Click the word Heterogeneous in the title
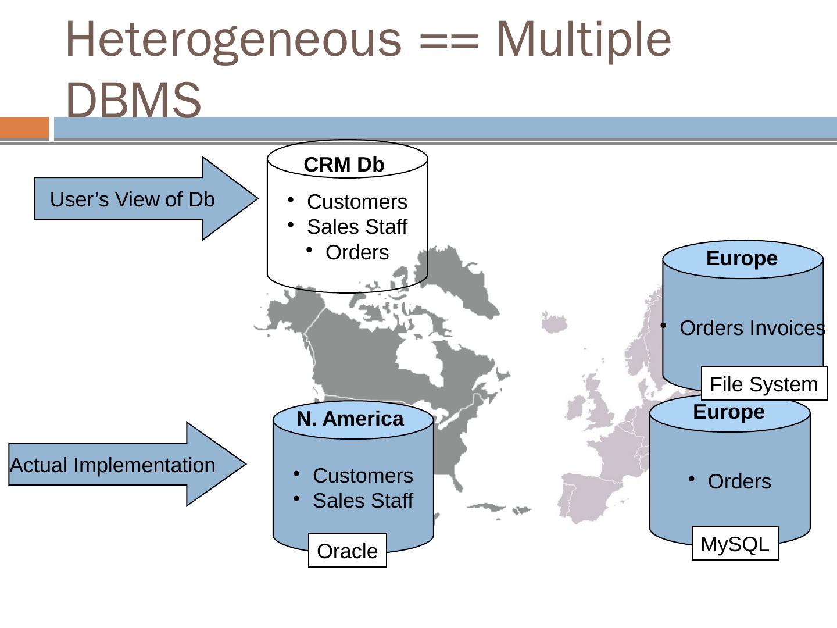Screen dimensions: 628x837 click(233, 40)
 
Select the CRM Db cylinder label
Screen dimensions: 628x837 click(344, 165)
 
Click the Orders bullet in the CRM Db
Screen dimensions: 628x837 click(357, 252)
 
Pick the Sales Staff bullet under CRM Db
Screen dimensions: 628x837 click(357, 227)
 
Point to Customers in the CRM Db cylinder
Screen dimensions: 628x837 click(357, 202)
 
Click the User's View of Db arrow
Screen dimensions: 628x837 click(133, 199)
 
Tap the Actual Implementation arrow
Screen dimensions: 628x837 click(113, 465)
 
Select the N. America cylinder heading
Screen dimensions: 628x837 click(350, 419)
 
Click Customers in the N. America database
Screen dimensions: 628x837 click(363, 476)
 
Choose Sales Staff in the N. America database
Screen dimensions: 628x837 click(363, 501)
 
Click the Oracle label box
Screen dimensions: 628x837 click(348, 550)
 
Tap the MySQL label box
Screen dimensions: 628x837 click(735, 544)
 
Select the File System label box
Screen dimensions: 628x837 click(764, 384)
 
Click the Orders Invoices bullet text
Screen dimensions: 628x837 click(752, 328)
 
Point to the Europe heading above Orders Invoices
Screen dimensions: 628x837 click(742, 258)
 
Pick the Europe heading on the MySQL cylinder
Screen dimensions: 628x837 click(729, 412)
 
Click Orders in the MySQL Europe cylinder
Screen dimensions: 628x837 click(739, 481)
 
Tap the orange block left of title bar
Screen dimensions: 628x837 click(24, 128)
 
